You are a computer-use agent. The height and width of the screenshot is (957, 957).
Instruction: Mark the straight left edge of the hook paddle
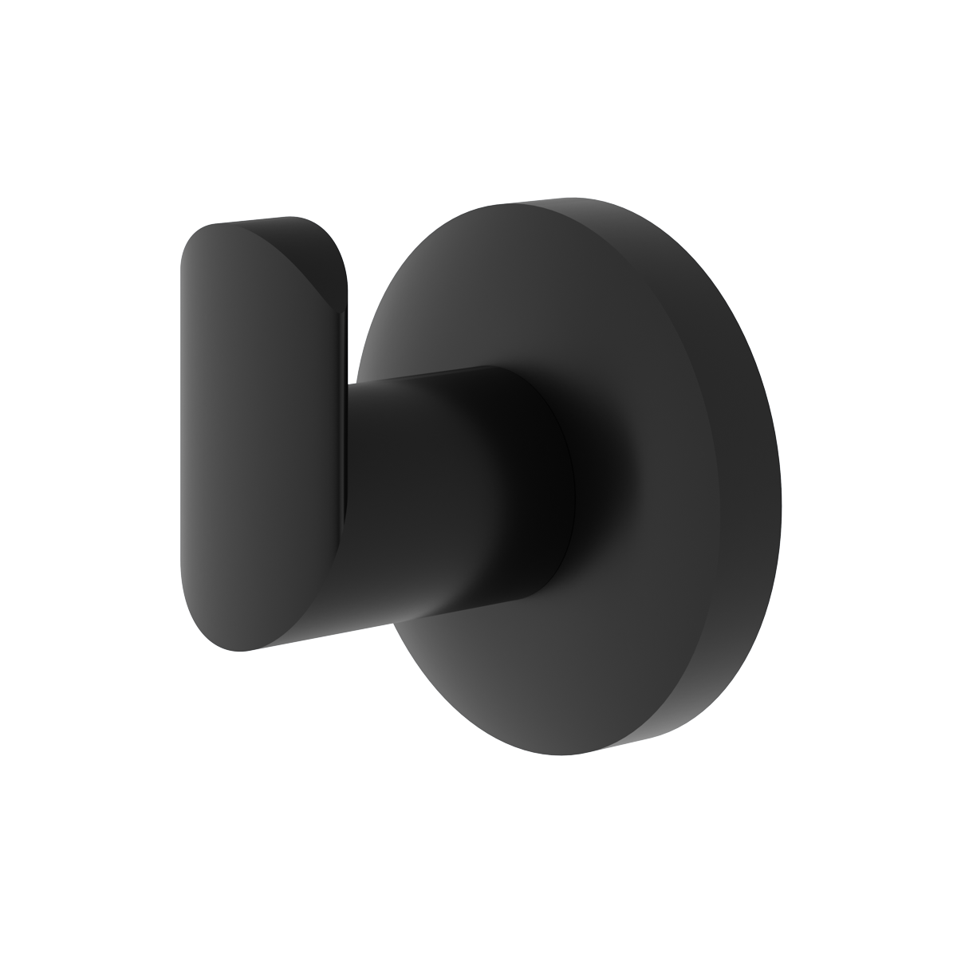(183, 431)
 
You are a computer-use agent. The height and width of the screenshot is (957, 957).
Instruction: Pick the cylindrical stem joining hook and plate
(447, 494)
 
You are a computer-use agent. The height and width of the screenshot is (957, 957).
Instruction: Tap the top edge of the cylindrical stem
(431, 376)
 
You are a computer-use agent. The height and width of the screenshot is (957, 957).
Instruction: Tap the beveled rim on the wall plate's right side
(758, 478)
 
